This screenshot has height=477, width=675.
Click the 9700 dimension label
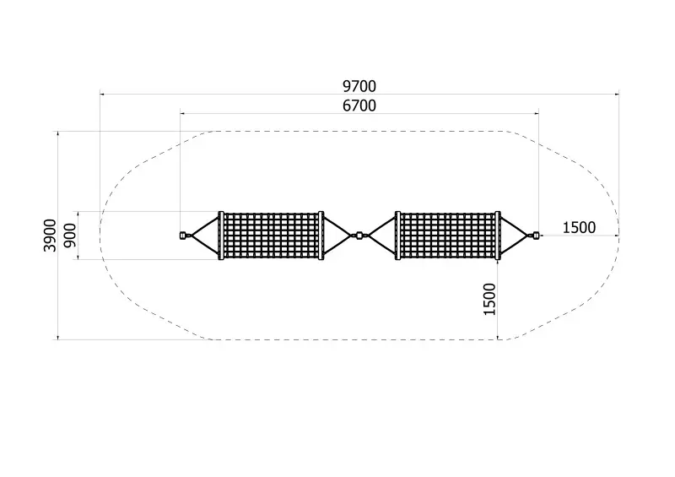(x=359, y=87)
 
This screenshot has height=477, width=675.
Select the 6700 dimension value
(x=359, y=106)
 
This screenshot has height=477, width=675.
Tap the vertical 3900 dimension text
(x=50, y=236)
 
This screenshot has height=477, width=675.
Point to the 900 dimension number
(x=70, y=236)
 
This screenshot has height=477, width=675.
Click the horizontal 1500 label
(x=579, y=227)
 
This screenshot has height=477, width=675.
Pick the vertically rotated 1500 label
(x=489, y=299)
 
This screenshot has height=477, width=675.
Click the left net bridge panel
(x=271, y=236)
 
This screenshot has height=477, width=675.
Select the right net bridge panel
(x=448, y=236)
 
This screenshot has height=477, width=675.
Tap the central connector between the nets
(x=359, y=236)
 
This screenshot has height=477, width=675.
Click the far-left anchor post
(x=182, y=236)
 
